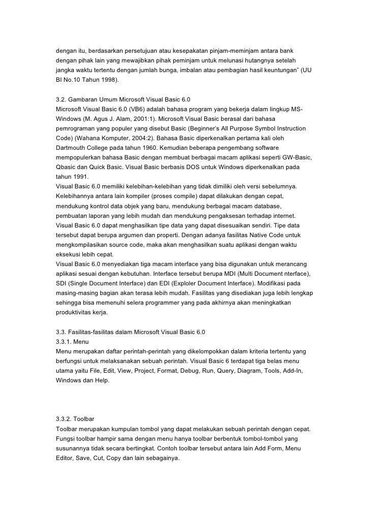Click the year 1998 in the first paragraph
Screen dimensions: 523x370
(x=108, y=80)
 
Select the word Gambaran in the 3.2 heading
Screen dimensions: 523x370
(x=84, y=99)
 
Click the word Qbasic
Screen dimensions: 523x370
(x=68, y=167)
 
